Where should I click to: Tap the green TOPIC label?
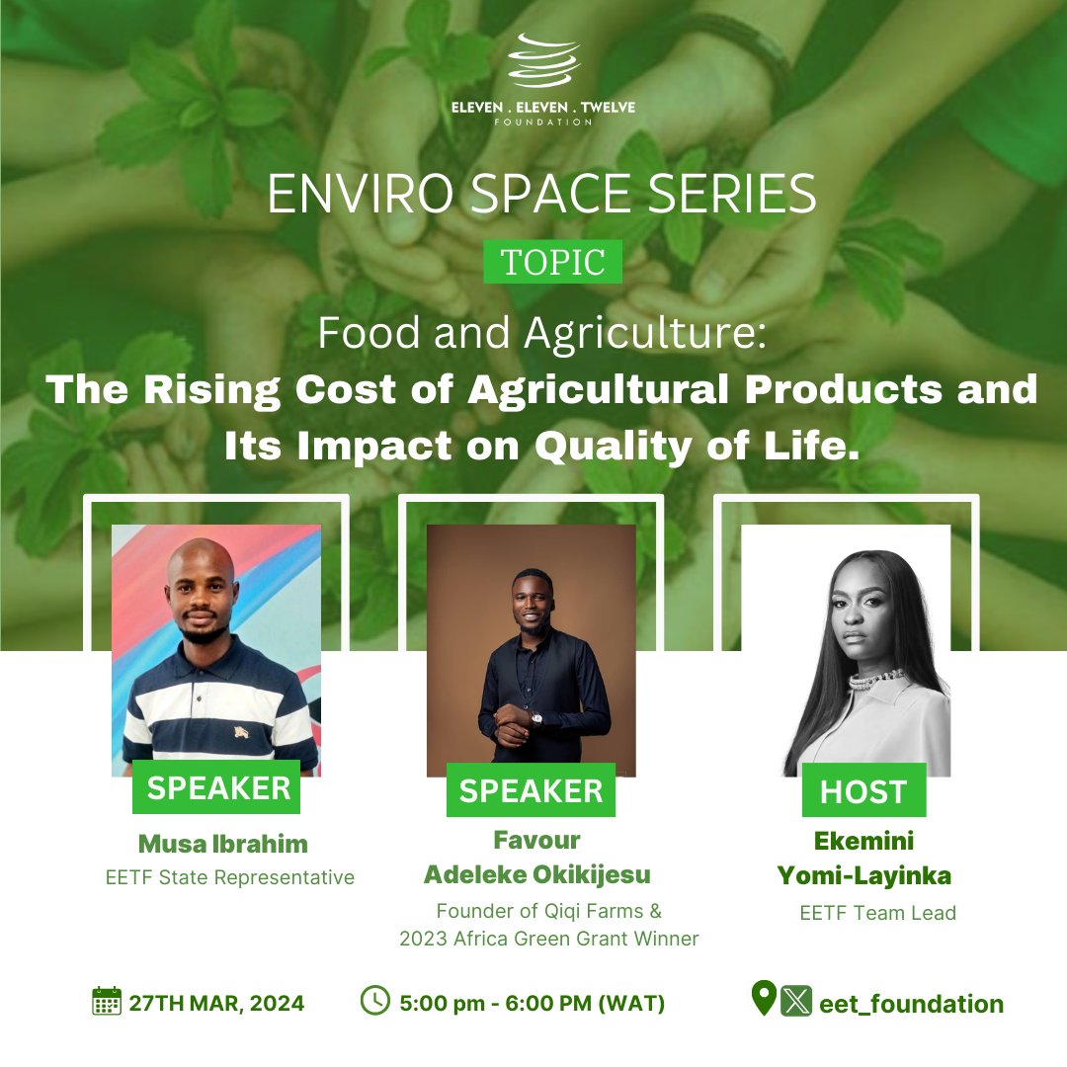click(552, 262)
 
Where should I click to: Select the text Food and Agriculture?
click(541, 336)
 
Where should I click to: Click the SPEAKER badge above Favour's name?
click(531, 790)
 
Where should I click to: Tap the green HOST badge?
click(862, 790)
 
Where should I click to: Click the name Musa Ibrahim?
click(223, 844)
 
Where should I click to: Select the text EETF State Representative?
click(229, 877)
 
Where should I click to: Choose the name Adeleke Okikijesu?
click(537, 874)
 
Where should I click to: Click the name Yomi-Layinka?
click(878, 875)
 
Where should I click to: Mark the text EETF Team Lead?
click(877, 913)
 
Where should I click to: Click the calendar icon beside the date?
click(106, 1002)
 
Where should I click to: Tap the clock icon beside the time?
click(375, 1002)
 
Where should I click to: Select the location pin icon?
click(764, 1000)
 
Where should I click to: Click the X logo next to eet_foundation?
click(795, 1002)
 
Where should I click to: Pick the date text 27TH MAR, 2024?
click(216, 1004)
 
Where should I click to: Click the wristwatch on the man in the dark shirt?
click(536, 718)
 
